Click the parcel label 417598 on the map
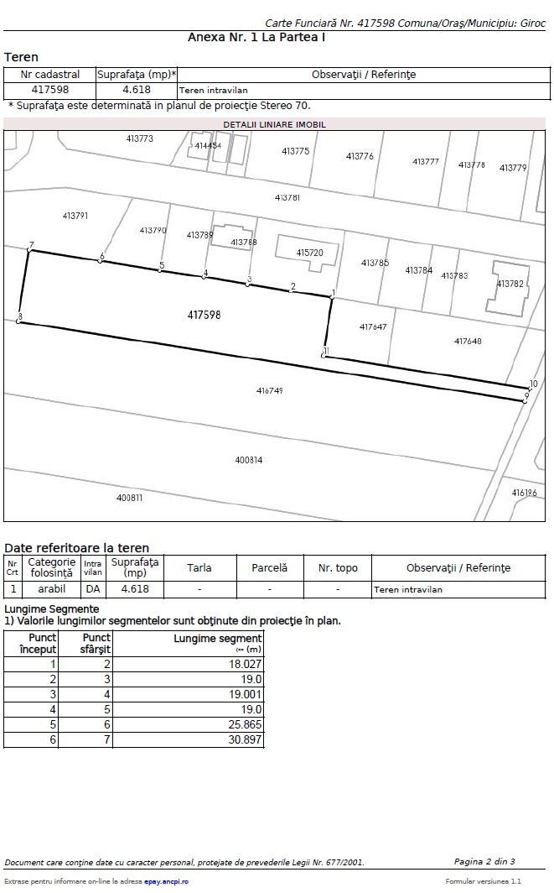point(205,315)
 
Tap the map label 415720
point(309,252)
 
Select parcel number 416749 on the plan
point(270,391)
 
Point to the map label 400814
point(249,460)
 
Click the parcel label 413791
point(75,216)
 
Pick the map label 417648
point(468,342)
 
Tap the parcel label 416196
point(524,493)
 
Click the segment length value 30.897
point(244,739)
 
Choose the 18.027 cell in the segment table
point(244,664)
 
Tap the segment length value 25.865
point(244,724)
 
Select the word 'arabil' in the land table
point(52,589)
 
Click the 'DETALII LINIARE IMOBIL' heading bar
point(274,124)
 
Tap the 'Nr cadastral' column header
point(49,74)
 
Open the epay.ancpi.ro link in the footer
point(166,881)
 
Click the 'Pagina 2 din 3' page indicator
point(484,862)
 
